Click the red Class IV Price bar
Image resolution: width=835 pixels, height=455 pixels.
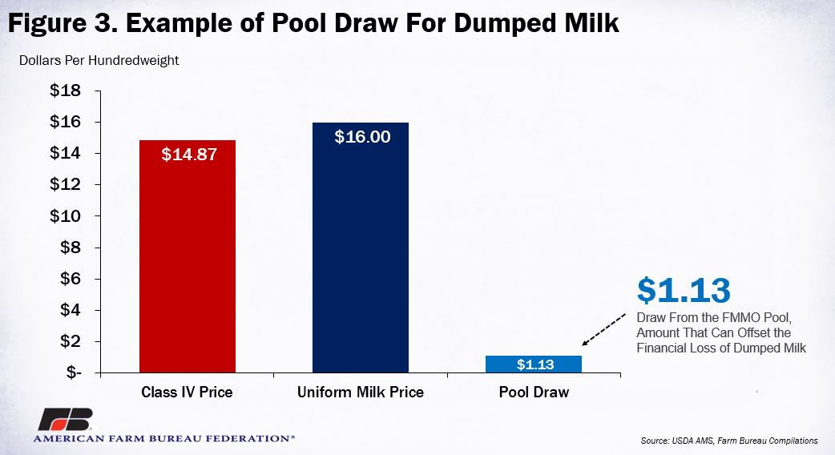point(188,256)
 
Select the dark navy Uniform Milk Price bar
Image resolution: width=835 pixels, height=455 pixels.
point(361,248)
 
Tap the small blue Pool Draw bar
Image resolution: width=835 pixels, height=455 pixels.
point(534,364)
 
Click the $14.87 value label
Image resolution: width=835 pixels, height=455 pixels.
point(189,155)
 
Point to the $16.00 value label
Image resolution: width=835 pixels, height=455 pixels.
point(363,137)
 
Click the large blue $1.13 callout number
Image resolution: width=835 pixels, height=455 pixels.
point(684,290)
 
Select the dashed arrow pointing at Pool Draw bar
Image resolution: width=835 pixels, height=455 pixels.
point(604,330)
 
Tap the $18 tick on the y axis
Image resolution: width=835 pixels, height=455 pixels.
point(66,91)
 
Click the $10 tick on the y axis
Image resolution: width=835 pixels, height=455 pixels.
point(66,216)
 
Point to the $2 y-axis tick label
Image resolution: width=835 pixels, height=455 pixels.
point(71,341)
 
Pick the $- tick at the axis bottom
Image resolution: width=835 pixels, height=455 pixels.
point(74,372)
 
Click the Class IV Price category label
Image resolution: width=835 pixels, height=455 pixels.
point(187,393)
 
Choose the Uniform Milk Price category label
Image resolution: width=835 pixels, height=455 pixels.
point(361,393)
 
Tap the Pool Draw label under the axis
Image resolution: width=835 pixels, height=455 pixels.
point(534,393)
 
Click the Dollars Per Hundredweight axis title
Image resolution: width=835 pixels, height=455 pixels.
point(99,61)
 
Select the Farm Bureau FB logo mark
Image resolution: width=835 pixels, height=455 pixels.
point(66,419)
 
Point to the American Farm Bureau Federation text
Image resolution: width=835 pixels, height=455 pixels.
point(163,439)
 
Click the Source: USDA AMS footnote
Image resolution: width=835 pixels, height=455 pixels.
point(729,441)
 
